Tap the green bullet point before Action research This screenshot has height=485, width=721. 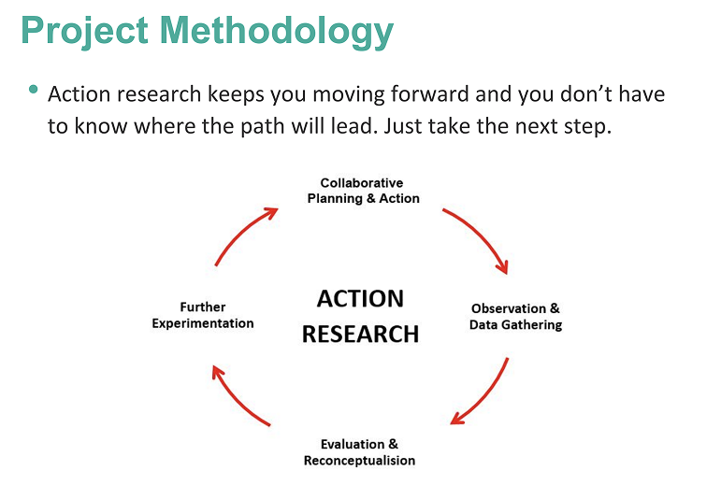click(x=34, y=90)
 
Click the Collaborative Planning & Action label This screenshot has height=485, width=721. click(x=362, y=191)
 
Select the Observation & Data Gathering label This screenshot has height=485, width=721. click(x=515, y=317)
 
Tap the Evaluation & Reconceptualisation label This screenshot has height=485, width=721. click(x=359, y=452)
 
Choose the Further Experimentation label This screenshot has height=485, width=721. click(x=203, y=315)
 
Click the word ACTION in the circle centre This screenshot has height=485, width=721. click(x=360, y=299)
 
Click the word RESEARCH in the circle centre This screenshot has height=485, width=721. click(x=360, y=335)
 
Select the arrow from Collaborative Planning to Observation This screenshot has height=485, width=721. click(x=480, y=235)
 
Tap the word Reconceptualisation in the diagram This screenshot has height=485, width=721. click(x=359, y=460)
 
